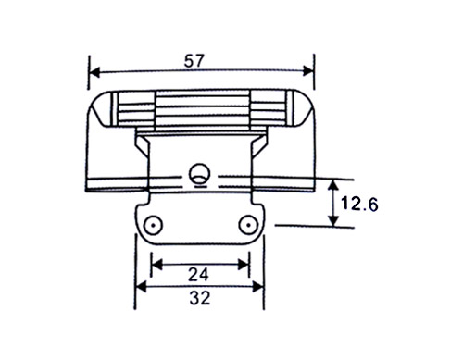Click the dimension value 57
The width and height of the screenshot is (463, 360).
click(194, 61)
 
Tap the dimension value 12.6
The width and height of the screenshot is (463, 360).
click(359, 204)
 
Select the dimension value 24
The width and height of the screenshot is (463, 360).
click(198, 274)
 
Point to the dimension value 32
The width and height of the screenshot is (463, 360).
click(200, 298)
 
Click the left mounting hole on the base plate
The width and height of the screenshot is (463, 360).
click(153, 225)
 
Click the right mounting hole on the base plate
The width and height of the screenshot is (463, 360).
click(248, 225)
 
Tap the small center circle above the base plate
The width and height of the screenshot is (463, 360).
click(200, 173)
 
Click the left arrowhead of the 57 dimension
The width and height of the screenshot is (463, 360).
click(94, 73)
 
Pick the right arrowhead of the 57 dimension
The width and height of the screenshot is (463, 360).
click(308, 71)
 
